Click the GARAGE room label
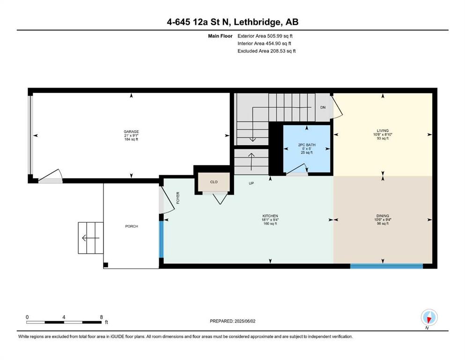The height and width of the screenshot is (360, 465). tap(131, 131)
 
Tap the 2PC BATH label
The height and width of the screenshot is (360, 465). tap(307, 145)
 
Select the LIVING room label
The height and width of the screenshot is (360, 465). tap(383, 131)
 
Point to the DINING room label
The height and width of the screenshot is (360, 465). tap(383, 216)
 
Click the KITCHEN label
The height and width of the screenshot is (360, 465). tap(270, 216)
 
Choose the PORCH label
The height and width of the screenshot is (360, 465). tap(132, 226)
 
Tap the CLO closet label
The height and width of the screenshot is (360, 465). tap(214, 182)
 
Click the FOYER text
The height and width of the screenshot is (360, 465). tap(178, 198)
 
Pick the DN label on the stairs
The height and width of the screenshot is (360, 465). tap(323, 107)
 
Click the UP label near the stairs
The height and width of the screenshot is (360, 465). tap(251, 183)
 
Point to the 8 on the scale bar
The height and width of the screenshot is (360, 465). tap(102, 317)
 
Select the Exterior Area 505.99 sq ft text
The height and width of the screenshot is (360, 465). tap(265, 36)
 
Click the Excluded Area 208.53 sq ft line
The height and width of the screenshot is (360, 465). tap(266, 51)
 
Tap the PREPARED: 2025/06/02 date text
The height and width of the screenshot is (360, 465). tap(232, 321)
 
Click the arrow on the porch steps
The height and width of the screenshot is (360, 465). tap(91, 238)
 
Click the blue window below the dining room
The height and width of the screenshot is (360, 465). tap(386, 266)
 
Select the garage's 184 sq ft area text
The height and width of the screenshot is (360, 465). tap(131, 139)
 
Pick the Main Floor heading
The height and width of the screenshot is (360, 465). tap(220, 36)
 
